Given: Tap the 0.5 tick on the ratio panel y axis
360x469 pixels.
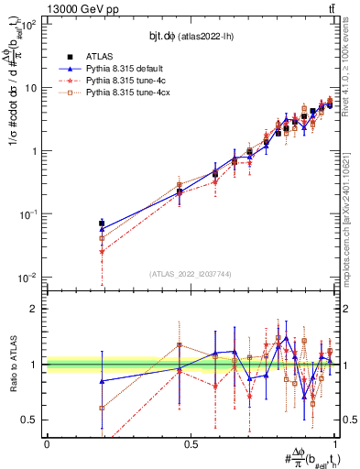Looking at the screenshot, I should pos(32,420).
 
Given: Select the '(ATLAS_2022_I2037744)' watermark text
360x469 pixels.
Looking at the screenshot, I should pos(191,274).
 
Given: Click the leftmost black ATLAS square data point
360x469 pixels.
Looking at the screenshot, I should pos(102,223).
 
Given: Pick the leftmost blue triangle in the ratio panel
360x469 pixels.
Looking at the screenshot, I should pos(102,381).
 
